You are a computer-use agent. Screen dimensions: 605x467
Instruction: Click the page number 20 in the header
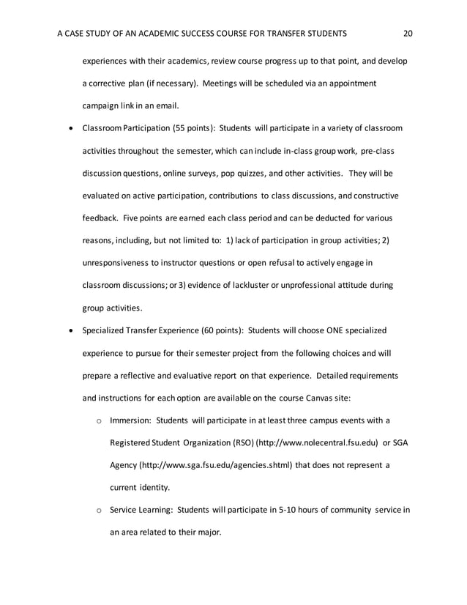[408, 33]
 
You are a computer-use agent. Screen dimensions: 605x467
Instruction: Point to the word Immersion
[130, 420]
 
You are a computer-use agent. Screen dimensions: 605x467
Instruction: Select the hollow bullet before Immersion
[99, 421]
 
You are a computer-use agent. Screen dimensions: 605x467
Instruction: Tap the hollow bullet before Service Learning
[99, 511]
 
